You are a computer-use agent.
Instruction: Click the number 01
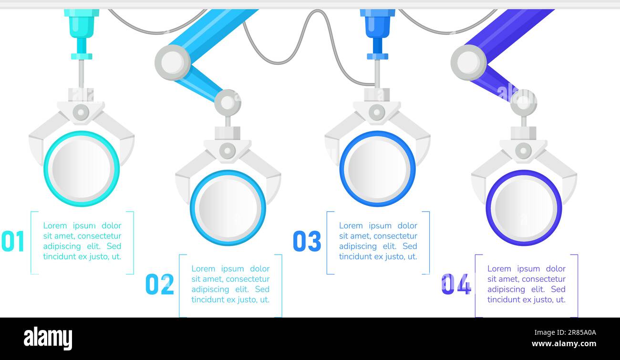click(13, 241)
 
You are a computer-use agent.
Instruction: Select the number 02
click(159, 284)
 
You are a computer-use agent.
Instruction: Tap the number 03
click(307, 241)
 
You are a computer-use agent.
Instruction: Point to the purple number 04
click(456, 284)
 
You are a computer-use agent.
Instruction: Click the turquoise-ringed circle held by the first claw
click(82, 169)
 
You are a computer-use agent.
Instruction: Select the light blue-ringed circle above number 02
click(228, 207)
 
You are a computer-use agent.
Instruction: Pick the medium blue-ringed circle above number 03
click(377, 169)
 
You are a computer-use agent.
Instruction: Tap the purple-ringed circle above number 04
click(524, 207)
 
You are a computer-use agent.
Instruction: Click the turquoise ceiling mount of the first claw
click(82, 21)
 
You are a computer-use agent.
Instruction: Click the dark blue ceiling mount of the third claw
click(377, 21)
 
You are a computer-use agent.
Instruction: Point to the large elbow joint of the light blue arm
click(173, 62)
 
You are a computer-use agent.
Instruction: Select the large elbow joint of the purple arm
click(468, 62)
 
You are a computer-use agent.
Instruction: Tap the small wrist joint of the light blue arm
click(227, 103)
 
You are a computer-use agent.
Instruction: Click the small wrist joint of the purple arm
click(523, 103)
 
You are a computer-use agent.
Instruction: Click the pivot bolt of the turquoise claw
click(81, 113)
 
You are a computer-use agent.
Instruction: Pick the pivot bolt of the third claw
click(377, 113)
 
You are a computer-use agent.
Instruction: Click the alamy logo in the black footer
click(48, 339)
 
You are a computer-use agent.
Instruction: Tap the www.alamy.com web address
click(564, 344)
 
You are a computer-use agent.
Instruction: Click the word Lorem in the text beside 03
click(351, 226)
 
